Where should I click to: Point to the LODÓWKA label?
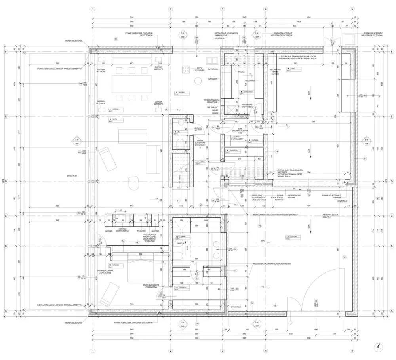(x=214, y=79)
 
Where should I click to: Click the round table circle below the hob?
(x=197, y=81)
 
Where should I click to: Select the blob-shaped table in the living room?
(x=132, y=184)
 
